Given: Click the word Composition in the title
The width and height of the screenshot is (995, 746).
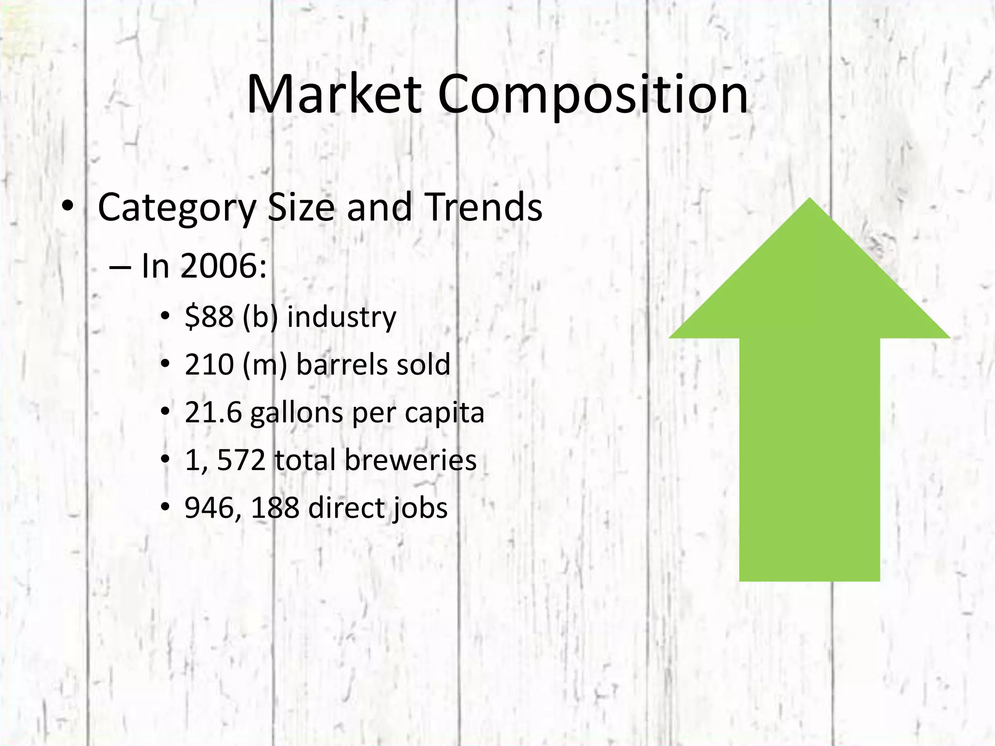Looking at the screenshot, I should pyautogui.click(x=593, y=95).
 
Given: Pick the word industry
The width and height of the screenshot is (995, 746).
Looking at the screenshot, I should pyautogui.click(x=342, y=317).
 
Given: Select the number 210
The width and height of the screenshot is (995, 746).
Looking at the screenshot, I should pyautogui.click(x=209, y=364).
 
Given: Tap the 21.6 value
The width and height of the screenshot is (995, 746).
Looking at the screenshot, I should pyautogui.click(x=213, y=413).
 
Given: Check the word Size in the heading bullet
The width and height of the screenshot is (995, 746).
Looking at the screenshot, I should pyautogui.click(x=301, y=207).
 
